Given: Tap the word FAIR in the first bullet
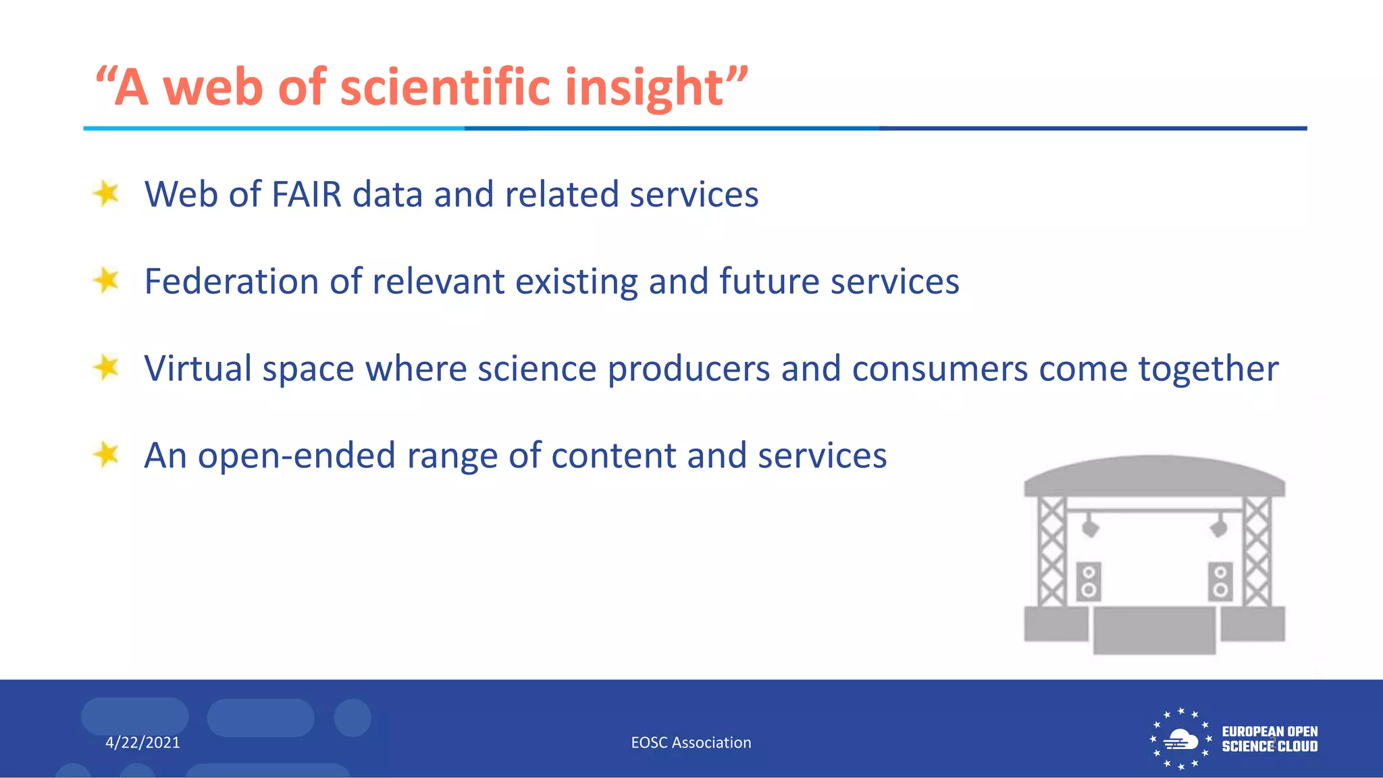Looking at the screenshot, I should click(307, 194).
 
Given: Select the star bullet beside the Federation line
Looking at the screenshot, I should click(106, 280).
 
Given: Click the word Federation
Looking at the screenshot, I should click(231, 282).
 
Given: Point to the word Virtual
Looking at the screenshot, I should click(197, 369).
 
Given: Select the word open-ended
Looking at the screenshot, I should click(296, 457).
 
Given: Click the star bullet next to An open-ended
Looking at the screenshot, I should click(106, 454).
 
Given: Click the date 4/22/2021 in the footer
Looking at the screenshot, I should click(142, 743).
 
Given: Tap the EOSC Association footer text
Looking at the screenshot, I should click(691, 743).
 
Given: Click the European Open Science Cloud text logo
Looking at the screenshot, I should click(1270, 739).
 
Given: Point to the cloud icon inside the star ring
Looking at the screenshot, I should click(1180, 740).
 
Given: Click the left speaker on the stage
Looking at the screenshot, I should click(1088, 581).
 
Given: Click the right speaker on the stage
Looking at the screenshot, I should click(1220, 581).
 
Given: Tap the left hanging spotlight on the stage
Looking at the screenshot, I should click(1090, 526).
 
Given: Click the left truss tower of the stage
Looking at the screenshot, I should click(1051, 551).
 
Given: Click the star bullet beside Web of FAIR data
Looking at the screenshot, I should click(106, 194).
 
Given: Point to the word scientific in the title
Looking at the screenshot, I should click(446, 88).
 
